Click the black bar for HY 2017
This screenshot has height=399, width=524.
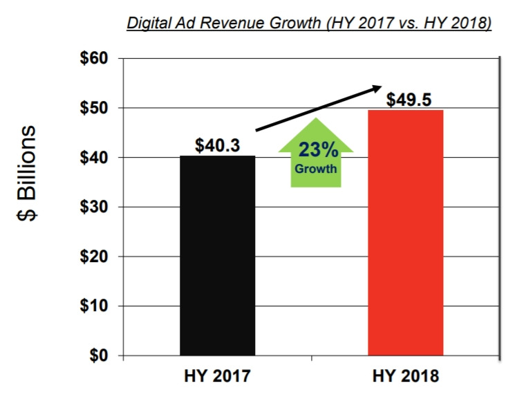(x=217, y=256)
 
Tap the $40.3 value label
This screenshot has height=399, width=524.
(x=217, y=147)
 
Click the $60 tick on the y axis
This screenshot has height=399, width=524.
(x=93, y=58)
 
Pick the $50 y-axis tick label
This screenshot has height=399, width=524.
(x=93, y=108)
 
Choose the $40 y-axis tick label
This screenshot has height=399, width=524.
(x=93, y=158)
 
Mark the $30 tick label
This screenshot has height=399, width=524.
(x=93, y=207)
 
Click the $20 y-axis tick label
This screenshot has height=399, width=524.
(x=93, y=257)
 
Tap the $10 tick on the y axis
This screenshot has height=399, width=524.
(x=93, y=306)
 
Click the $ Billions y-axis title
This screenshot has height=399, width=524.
(x=29, y=173)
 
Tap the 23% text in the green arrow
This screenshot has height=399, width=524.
(x=316, y=150)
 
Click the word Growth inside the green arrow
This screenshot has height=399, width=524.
(x=316, y=168)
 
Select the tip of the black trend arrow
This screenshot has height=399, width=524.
(x=380, y=86)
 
